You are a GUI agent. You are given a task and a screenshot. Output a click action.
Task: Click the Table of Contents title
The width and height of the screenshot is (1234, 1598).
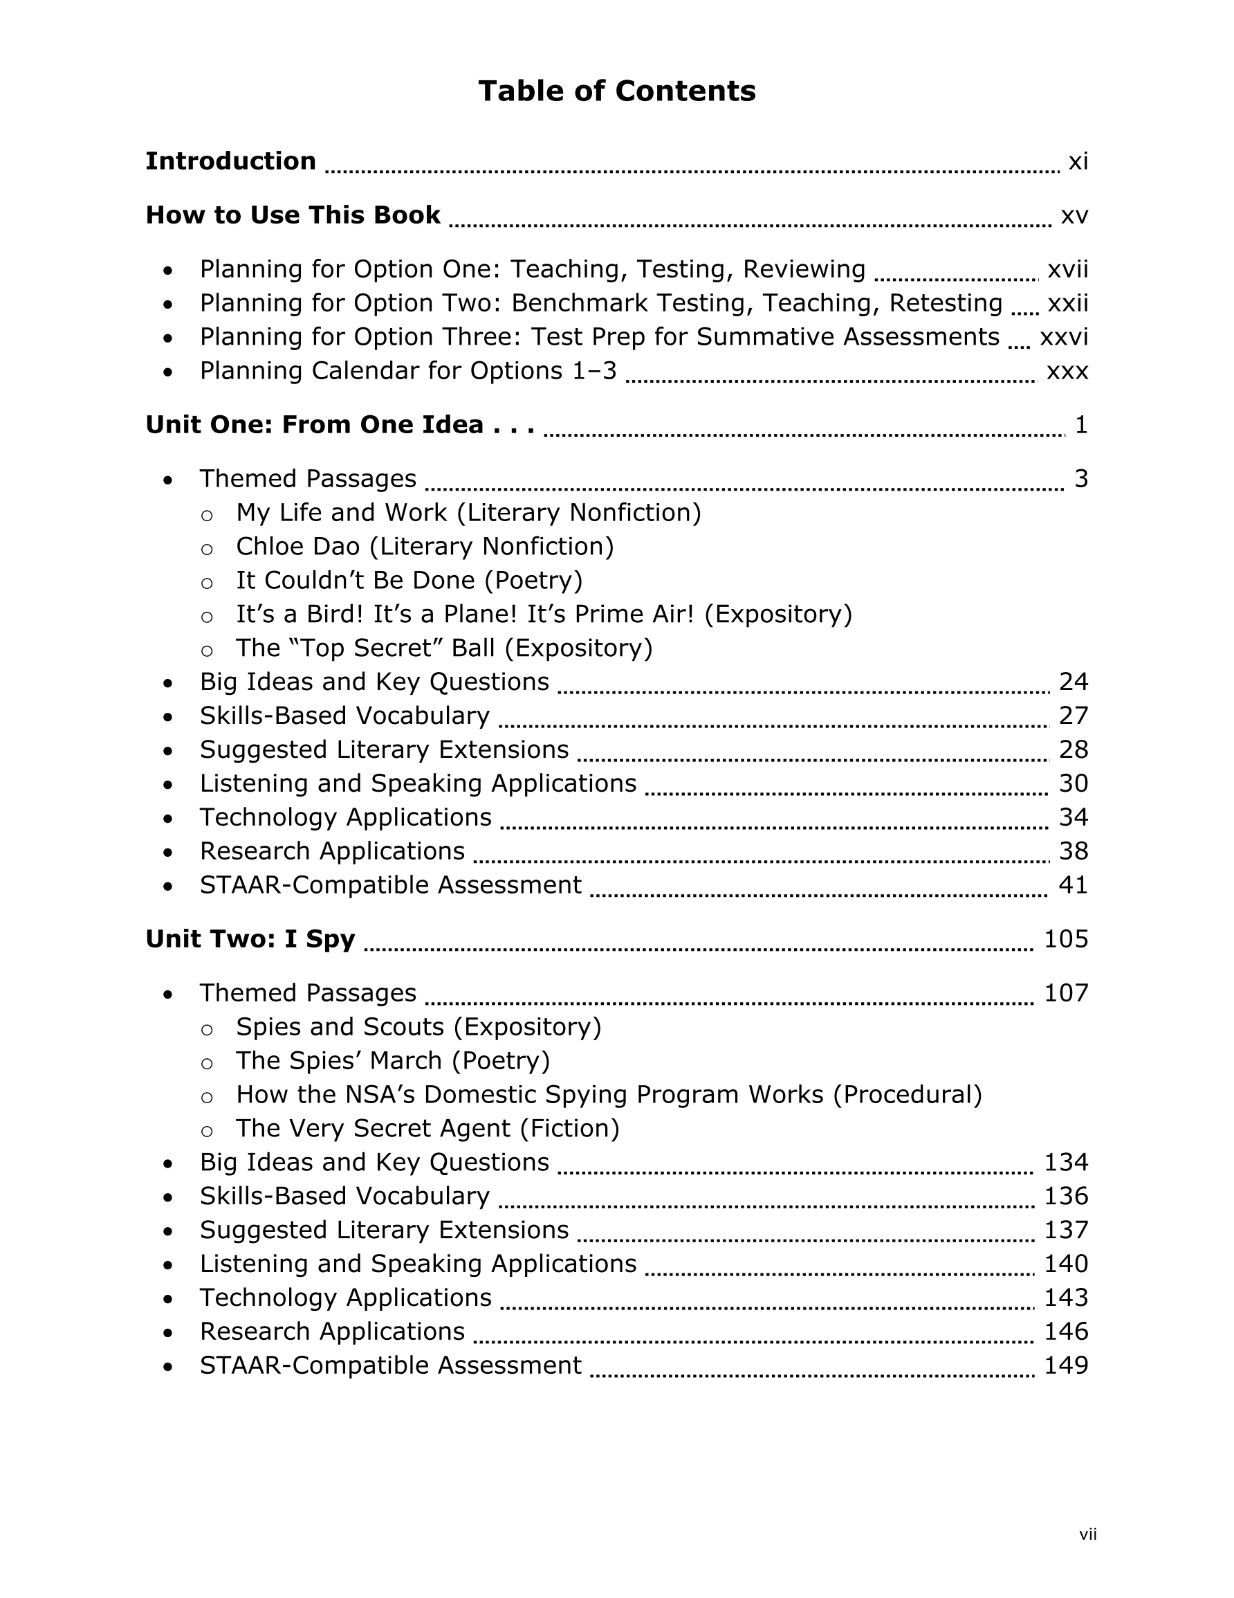tap(616, 91)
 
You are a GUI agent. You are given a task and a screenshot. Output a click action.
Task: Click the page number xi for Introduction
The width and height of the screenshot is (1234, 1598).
tap(1078, 161)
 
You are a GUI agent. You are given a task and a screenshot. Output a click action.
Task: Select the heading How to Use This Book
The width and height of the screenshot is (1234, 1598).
tap(293, 215)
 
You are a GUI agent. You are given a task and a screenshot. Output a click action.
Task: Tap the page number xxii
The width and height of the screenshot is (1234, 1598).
tap(1067, 303)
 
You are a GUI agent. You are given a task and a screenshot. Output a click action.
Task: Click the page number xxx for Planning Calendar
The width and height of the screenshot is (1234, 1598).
tap(1067, 371)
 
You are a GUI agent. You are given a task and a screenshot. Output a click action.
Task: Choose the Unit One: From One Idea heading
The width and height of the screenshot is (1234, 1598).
tap(340, 424)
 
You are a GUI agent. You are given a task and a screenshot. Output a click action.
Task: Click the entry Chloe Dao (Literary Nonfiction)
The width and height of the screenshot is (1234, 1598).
tap(424, 547)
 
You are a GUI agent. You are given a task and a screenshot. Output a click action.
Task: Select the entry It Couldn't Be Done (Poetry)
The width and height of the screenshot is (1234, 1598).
tap(409, 580)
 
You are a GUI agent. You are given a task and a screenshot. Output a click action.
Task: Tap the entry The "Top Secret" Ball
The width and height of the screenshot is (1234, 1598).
tap(443, 648)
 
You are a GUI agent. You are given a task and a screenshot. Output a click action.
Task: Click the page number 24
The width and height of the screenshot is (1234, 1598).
tap(1073, 682)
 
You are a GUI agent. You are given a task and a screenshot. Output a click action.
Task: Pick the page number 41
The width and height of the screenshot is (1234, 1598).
tap(1073, 885)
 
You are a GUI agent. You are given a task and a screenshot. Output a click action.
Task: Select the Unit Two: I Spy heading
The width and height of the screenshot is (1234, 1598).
tap(250, 938)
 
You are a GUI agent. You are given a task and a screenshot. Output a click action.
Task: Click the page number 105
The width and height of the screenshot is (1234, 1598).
tap(1066, 938)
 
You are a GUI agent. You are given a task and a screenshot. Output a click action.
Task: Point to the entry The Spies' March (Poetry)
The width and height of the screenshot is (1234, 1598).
tap(392, 1061)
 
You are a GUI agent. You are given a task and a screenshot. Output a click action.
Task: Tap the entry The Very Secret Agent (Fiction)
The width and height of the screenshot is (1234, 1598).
tap(427, 1128)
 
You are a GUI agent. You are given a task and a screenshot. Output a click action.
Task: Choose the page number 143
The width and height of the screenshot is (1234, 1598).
tap(1066, 1298)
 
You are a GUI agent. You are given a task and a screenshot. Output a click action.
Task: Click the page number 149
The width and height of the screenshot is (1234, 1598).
tap(1066, 1365)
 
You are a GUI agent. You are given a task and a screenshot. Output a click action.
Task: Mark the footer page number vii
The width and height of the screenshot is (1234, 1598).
tap(1087, 1534)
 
